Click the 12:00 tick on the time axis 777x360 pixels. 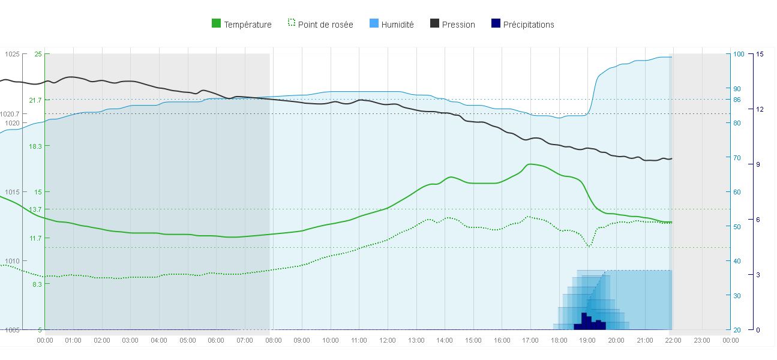pos(388,340)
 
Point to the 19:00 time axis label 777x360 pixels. pos(587,340)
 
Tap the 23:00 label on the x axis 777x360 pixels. pos(702,340)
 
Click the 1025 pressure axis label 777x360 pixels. pos(12,54)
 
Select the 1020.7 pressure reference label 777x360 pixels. pos(10,114)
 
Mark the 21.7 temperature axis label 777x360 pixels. pos(35,100)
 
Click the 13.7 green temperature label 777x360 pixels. pos(35,209)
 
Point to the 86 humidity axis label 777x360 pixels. pos(737,100)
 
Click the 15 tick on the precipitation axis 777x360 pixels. pos(760,54)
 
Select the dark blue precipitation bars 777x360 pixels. pos(589,323)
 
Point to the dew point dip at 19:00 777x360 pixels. pos(589,245)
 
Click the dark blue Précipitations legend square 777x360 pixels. pos(496,23)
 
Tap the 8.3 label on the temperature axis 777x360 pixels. pos(37,284)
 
